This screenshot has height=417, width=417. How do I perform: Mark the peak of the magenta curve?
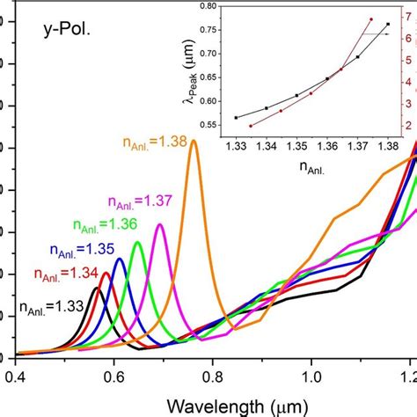[x=159, y=224]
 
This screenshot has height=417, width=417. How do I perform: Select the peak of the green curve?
[x=137, y=242]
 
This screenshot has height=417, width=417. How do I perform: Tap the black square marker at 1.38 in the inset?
[x=388, y=25]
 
